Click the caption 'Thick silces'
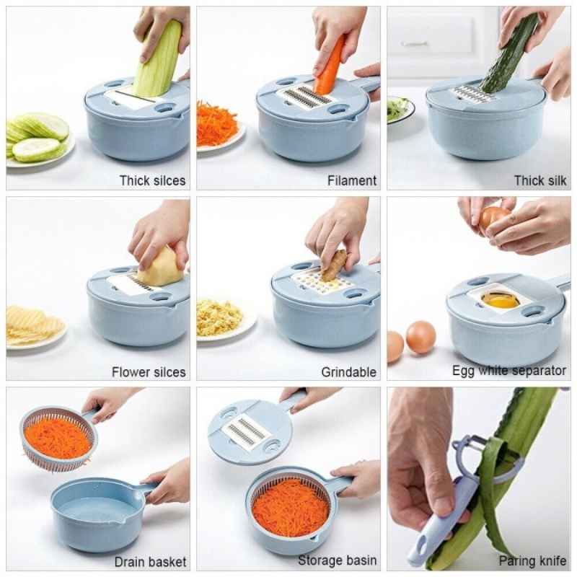pyautogui.click(x=152, y=181)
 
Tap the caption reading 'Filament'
pyautogui.click(x=352, y=181)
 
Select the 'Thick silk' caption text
pyautogui.click(x=539, y=181)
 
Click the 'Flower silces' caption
pyautogui.click(x=149, y=372)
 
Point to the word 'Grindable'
pyautogui.click(x=348, y=372)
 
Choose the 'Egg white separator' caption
pyautogui.click(x=509, y=371)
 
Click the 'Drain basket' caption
pyautogui.click(x=150, y=562)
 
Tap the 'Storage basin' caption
pyautogui.click(x=337, y=560)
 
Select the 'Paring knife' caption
pyautogui.click(x=532, y=561)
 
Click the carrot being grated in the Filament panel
pyautogui.click(x=329, y=67)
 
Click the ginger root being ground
pyautogui.click(x=334, y=264)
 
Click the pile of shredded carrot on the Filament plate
pyautogui.click(x=216, y=123)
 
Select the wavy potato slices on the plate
pyautogui.click(x=33, y=323)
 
